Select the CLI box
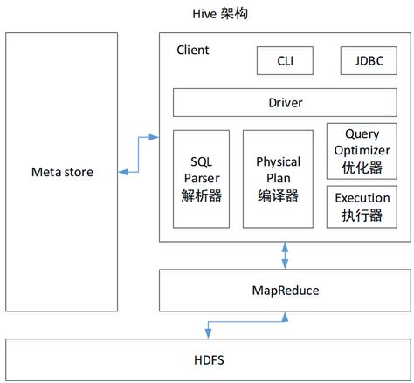[285, 61]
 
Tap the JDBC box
[367, 61]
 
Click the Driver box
[285, 103]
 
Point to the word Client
[192, 50]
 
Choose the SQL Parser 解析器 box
[202, 179]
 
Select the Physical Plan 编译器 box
[278, 179]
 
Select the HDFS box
[207, 359]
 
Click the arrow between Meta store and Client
[140, 154]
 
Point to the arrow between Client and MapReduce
[285, 256]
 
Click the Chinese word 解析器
[202, 196]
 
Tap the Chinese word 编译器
[278, 196]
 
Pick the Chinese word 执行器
[362, 215]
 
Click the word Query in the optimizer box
[362, 133]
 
